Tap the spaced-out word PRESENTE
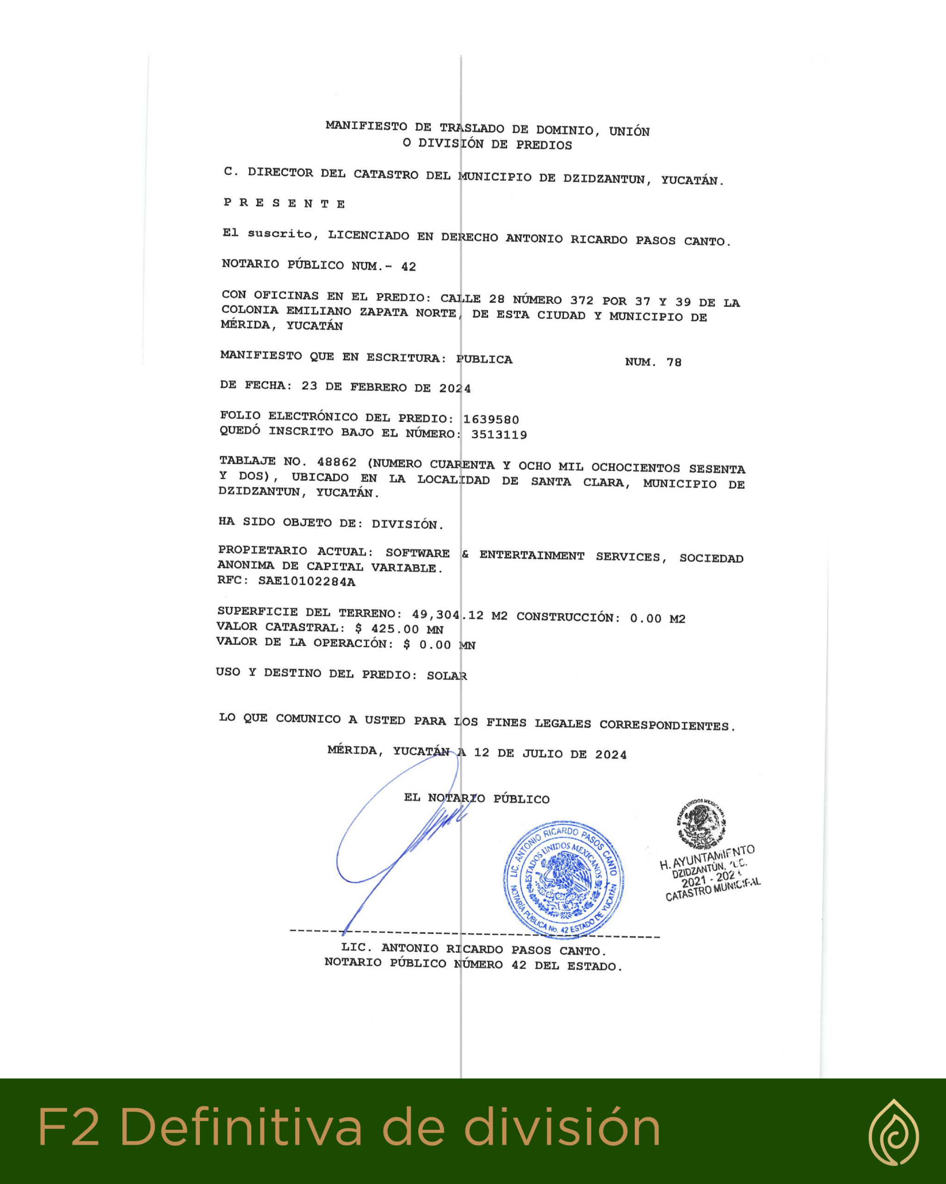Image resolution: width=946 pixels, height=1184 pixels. [284, 203]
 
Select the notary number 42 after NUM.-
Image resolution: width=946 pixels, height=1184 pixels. [408, 267]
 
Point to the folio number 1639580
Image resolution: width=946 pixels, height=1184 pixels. [491, 419]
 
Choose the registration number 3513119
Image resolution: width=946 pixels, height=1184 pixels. [499, 435]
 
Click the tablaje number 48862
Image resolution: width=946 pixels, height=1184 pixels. [336, 462]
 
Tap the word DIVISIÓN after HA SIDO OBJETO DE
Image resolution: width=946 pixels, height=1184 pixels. [407, 524]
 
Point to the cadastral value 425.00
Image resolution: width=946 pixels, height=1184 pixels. [395, 629]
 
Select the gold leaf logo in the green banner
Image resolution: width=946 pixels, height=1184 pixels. [893, 1132]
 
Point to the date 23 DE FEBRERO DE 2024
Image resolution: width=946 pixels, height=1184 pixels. [386, 387]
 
